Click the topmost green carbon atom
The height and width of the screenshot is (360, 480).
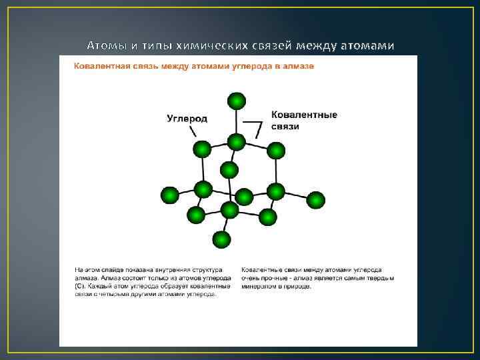236,101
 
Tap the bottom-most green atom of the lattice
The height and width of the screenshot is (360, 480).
221,239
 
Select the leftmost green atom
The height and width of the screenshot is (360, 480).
170,195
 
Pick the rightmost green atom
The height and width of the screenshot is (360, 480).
315,199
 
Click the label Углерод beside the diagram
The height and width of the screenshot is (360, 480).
187,119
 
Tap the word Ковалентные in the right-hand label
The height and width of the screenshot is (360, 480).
304,115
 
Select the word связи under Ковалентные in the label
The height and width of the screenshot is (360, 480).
285,126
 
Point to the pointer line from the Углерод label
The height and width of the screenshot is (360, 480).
193,133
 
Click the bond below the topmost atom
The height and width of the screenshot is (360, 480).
236,121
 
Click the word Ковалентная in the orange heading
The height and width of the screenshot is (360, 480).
101,66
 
